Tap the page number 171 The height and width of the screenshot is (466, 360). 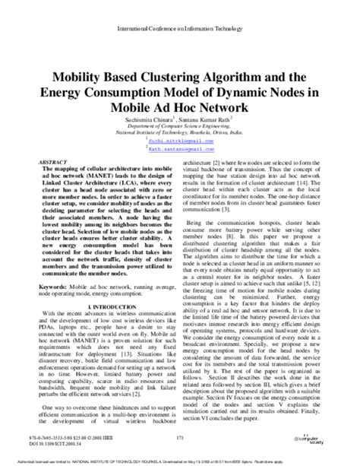click(179, 439)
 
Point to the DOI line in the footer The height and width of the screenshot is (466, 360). click(58, 445)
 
